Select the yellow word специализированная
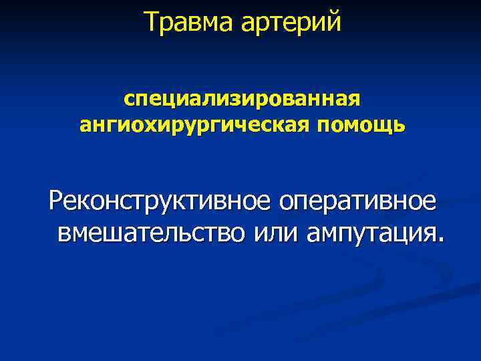(241, 99)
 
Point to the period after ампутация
(439, 239)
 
